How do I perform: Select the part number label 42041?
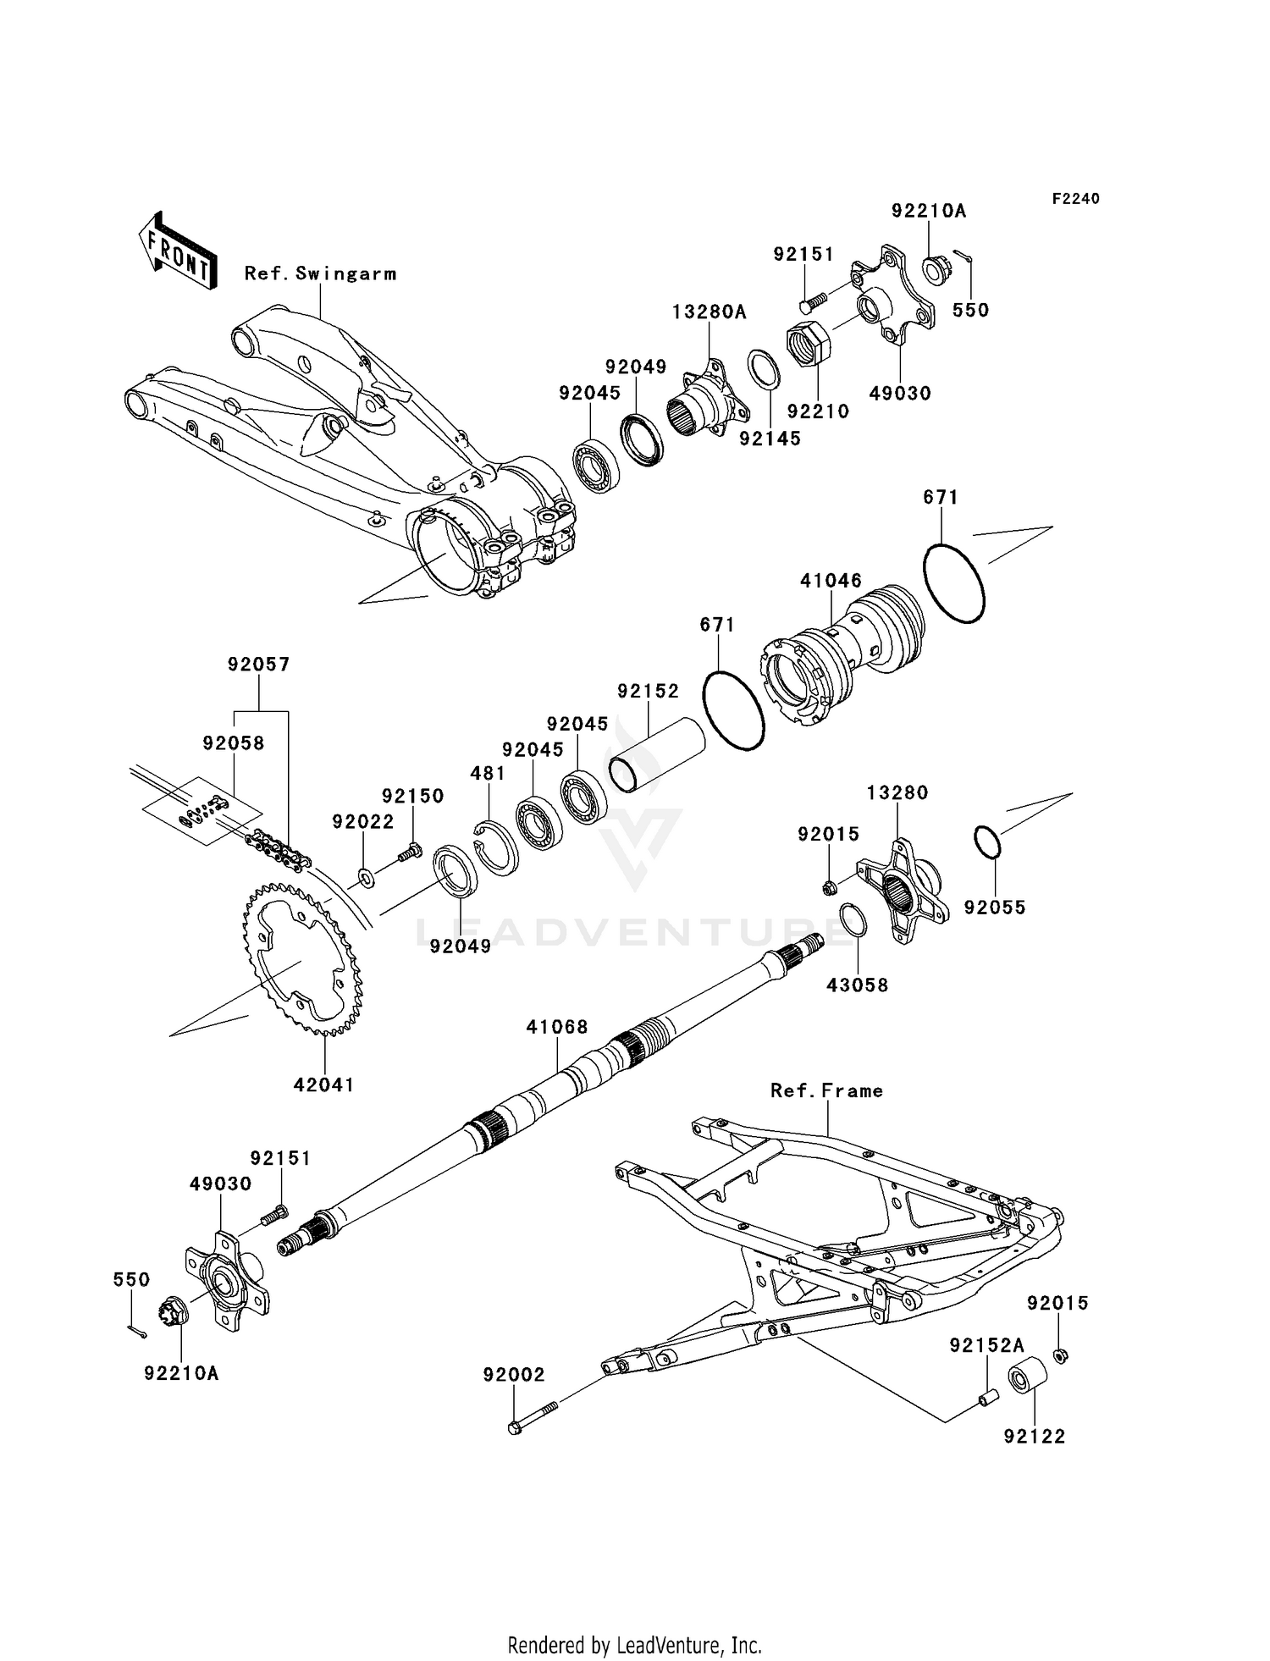(x=324, y=1084)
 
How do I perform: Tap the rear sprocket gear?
(x=302, y=958)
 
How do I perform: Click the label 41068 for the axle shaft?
(x=556, y=1027)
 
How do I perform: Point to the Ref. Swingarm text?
(x=320, y=273)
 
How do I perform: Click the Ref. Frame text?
(x=826, y=1091)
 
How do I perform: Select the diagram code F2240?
(x=1075, y=199)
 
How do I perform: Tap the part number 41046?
(x=831, y=581)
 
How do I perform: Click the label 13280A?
(x=710, y=312)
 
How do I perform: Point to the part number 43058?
(x=858, y=985)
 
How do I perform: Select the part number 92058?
(x=234, y=743)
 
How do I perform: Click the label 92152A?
(x=986, y=1345)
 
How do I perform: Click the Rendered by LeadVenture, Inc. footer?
(x=635, y=1645)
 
